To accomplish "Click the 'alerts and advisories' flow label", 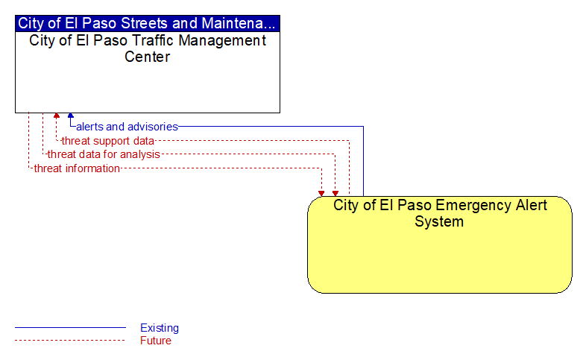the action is click(x=127, y=127).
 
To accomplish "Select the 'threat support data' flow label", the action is click(x=108, y=141).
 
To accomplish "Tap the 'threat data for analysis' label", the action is click(x=104, y=154).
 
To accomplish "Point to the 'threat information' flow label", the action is click(x=77, y=168).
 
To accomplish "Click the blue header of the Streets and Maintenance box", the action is click(x=148, y=23).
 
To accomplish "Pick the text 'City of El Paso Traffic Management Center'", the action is click(x=148, y=48).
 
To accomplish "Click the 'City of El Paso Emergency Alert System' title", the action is click(x=440, y=213).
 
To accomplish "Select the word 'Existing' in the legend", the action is click(x=160, y=328).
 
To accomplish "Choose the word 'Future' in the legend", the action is click(x=156, y=341).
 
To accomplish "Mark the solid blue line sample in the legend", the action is click(x=70, y=328).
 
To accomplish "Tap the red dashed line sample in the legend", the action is click(x=70, y=341).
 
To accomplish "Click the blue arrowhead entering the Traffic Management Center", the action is click(x=71, y=116).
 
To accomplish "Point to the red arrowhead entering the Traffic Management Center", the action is click(x=57, y=116).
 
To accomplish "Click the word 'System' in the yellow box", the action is click(x=439, y=221).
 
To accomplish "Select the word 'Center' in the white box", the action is click(x=147, y=57).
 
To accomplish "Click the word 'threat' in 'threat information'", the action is click(x=48, y=168).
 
